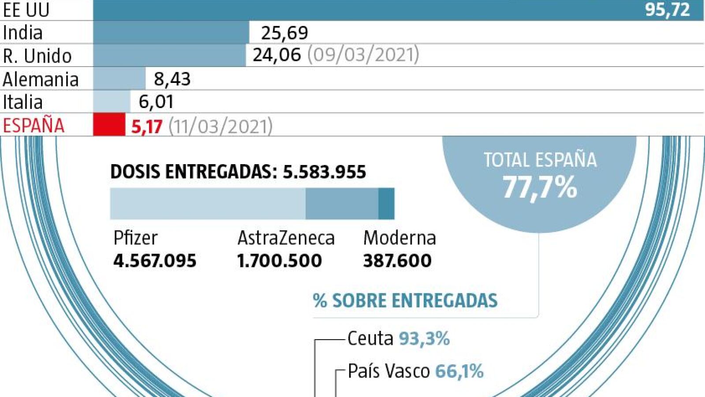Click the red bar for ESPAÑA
click(x=109, y=124)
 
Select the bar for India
click(x=171, y=33)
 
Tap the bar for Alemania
click(x=119, y=79)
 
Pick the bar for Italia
click(x=112, y=101)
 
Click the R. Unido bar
click(x=169, y=56)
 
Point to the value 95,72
click(x=667, y=10)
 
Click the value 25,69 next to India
click(x=284, y=33)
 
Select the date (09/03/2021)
click(x=363, y=55)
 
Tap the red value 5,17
click(x=147, y=127)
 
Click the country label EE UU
click(x=26, y=10)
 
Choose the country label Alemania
click(x=41, y=79)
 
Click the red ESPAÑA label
click(x=34, y=125)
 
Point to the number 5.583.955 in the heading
click(x=324, y=172)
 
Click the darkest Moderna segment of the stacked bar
click(x=386, y=204)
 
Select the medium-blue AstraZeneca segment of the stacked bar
click(x=342, y=204)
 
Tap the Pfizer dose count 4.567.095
click(x=155, y=261)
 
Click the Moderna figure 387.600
click(x=397, y=261)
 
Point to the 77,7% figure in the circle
click(x=540, y=187)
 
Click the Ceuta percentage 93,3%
click(x=424, y=339)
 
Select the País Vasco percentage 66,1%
click(x=459, y=371)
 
